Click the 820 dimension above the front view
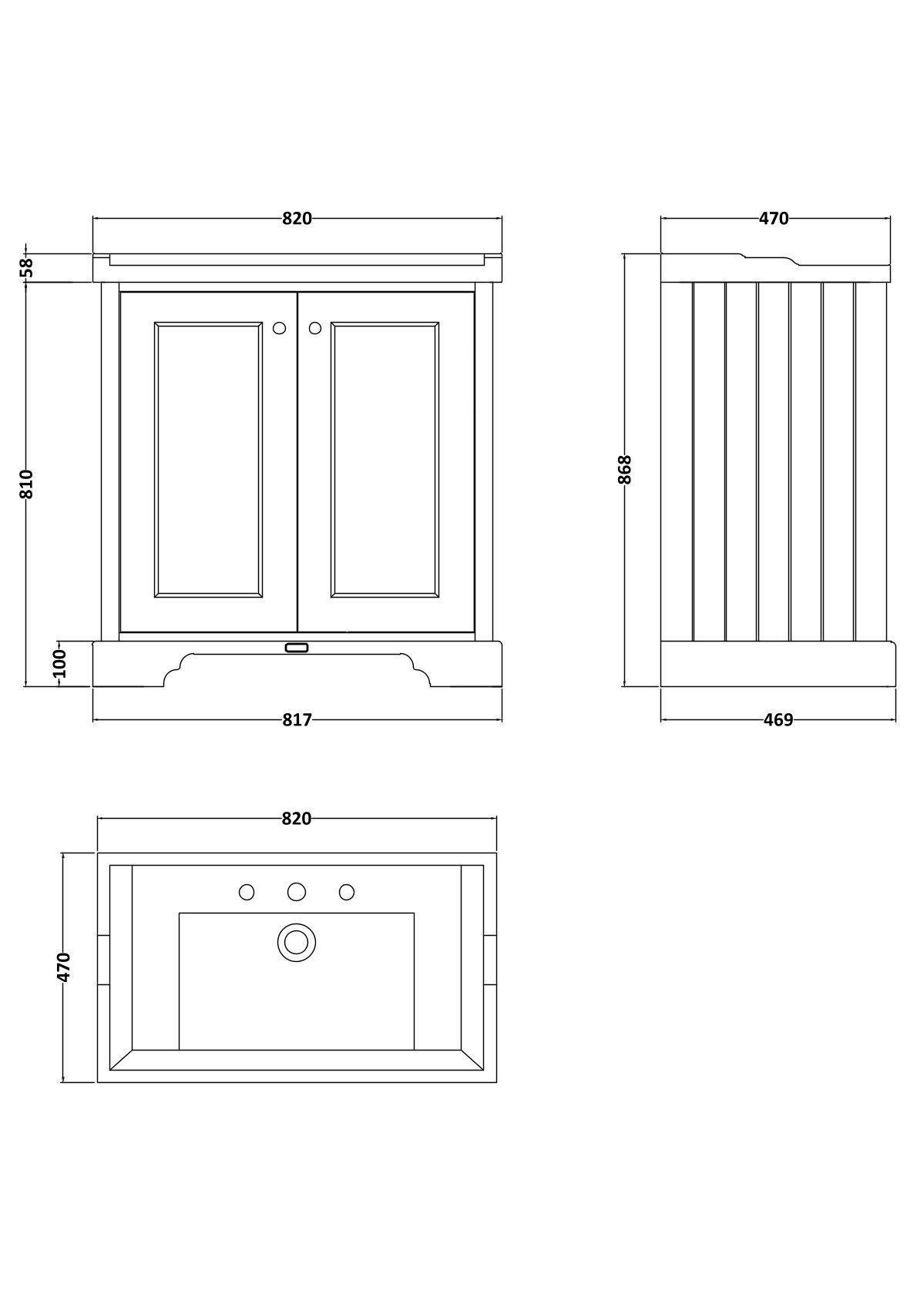click(x=297, y=219)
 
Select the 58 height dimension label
click(x=27, y=267)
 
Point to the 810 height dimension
click(x=27, y=484)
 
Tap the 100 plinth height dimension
click(x=60, y=663)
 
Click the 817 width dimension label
click(x=297, y=720)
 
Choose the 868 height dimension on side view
click(x=625, y=469)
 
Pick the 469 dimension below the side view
click(x=778, y=720)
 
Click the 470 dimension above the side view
click(x=774, y=219)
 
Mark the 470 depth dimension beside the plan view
click(x=64, y=967)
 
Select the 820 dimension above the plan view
click(x=297, y=819)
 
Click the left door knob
click(x=279, y=328)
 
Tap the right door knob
click(x=314, y=328)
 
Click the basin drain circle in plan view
click(x=297, y=942)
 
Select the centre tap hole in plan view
click(x=297, y=892)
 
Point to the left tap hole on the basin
click(x=247, y=892)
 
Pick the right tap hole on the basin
click(x=347, y=892)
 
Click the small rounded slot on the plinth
click(x=297, y=648)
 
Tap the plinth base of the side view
click(x=778, y=664)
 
